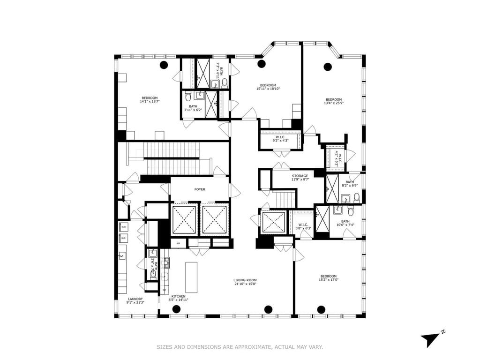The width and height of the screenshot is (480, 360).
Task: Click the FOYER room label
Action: [x=200, y=189]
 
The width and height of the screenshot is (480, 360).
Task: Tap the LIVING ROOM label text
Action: [x=245, y=280]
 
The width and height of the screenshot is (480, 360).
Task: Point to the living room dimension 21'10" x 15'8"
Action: [x=245, y=284]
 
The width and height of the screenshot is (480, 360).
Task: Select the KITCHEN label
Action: [x=178, y=296]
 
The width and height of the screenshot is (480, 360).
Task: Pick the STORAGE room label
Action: [x=300, y=176]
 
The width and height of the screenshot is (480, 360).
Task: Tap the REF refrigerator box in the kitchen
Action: [x=178, y=243]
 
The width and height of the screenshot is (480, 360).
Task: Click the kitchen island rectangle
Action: [x=191, y=277]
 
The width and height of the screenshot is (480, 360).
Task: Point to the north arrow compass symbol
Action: [x=430, y=339]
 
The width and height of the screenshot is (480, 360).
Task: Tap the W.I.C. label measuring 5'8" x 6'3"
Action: [x=303, y=225]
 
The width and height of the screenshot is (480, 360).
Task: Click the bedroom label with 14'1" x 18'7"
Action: [x=150, y=97]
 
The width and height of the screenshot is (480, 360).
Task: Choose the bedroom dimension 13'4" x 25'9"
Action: [x=334, y=103]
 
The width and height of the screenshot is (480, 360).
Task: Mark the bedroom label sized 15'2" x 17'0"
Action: [x=328, y=276]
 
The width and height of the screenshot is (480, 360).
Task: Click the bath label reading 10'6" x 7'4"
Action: [x=345, y=222]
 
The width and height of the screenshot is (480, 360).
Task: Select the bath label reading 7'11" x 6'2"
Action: [x=193, y=106]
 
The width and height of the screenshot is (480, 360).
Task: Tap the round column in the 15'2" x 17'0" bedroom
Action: [x=321, y=309]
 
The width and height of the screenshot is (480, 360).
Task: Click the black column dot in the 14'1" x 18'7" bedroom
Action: [x=164, y=65]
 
